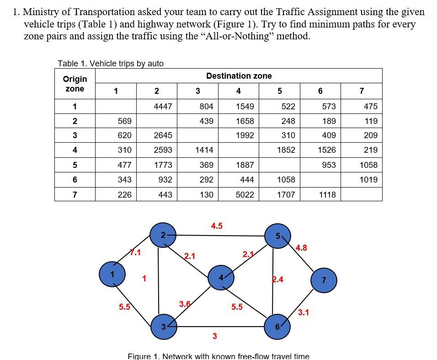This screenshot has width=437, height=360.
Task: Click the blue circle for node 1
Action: tap(112, 274)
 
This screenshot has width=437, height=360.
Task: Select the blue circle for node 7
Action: tap(324, 280)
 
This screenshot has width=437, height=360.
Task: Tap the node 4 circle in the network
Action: tap(221, 277)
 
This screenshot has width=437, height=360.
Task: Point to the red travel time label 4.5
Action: tap(217, 226)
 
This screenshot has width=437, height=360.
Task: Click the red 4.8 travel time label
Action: tap(301, 248)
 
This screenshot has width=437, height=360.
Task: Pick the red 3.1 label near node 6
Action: tap(303, 312)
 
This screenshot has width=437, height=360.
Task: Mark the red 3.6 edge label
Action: tap(185, 304)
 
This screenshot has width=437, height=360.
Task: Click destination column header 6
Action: tap(320, 91)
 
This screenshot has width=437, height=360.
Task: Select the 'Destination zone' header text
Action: tap(239, 76)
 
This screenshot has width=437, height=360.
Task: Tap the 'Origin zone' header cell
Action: tap(75, 84)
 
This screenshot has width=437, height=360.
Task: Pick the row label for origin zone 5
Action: tap(75, 165)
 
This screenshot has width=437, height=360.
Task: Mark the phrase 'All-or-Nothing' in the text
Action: tap(237, 36)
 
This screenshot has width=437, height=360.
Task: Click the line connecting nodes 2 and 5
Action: tap(219, 236)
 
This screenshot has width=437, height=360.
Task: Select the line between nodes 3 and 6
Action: tap(219, 327)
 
